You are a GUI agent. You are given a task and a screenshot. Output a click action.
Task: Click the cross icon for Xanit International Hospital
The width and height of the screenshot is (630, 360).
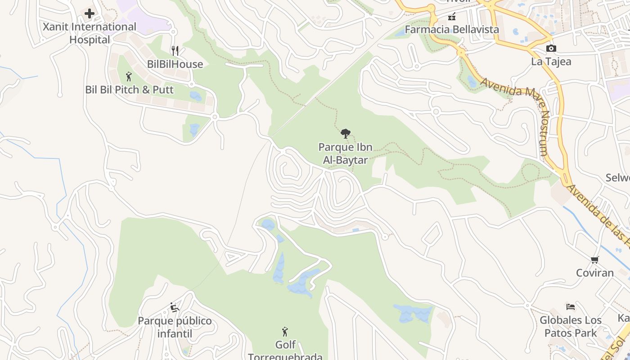(90, 13)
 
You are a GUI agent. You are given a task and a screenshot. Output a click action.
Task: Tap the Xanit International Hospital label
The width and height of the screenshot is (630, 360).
(90, 33)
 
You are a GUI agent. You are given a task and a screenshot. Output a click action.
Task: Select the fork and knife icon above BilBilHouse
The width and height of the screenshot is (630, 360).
(175, 51)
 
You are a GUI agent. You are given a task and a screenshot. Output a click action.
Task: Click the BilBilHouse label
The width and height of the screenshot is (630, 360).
(175, 64)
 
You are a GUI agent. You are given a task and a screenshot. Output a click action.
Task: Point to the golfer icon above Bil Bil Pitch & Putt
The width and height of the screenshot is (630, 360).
(129, 76)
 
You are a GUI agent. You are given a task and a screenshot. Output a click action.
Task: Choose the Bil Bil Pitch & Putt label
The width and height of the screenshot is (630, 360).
(129, 90)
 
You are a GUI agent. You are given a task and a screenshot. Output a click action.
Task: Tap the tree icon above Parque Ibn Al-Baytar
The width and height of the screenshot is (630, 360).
(346, 134)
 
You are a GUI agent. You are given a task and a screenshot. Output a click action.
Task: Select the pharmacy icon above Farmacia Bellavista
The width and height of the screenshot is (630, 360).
(452, 17)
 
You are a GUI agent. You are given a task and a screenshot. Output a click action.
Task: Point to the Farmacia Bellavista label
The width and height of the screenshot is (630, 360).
(452, 30)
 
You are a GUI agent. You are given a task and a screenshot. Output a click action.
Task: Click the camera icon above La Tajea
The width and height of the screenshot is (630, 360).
(551, 48)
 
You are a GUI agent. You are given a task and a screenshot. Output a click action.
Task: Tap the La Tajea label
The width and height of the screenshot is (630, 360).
(551, 61)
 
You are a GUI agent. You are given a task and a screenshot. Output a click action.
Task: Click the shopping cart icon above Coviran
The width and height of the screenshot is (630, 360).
(595, 260)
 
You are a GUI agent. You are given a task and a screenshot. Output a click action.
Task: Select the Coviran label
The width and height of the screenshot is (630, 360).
(595, 273)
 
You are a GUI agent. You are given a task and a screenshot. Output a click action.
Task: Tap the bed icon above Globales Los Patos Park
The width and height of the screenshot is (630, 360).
(571, 307)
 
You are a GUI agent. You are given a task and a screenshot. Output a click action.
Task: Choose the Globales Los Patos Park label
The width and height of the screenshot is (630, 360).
(571, 327)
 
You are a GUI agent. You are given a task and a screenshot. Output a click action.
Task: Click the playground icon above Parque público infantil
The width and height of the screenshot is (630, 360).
(175, 308)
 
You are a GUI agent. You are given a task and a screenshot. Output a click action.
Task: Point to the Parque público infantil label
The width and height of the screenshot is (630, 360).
(175, 327)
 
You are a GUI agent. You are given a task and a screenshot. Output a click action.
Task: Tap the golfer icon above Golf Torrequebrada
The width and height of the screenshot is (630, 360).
(285, 332)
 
